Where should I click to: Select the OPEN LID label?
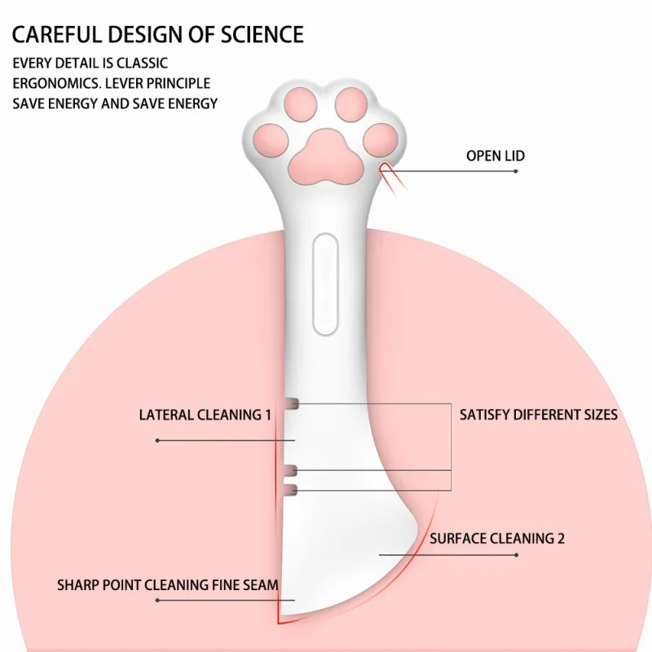coord(495,156)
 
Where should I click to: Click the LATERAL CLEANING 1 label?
coord(205,415)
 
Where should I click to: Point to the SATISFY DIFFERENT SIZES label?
coord(539,415)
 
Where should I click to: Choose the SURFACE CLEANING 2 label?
coord(497,538)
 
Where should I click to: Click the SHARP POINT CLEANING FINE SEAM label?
coord(167,584)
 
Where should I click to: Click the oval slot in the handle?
coord(325,285)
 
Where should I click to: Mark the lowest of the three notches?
coord(289,488)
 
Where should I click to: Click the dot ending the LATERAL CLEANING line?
coord(157,440)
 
